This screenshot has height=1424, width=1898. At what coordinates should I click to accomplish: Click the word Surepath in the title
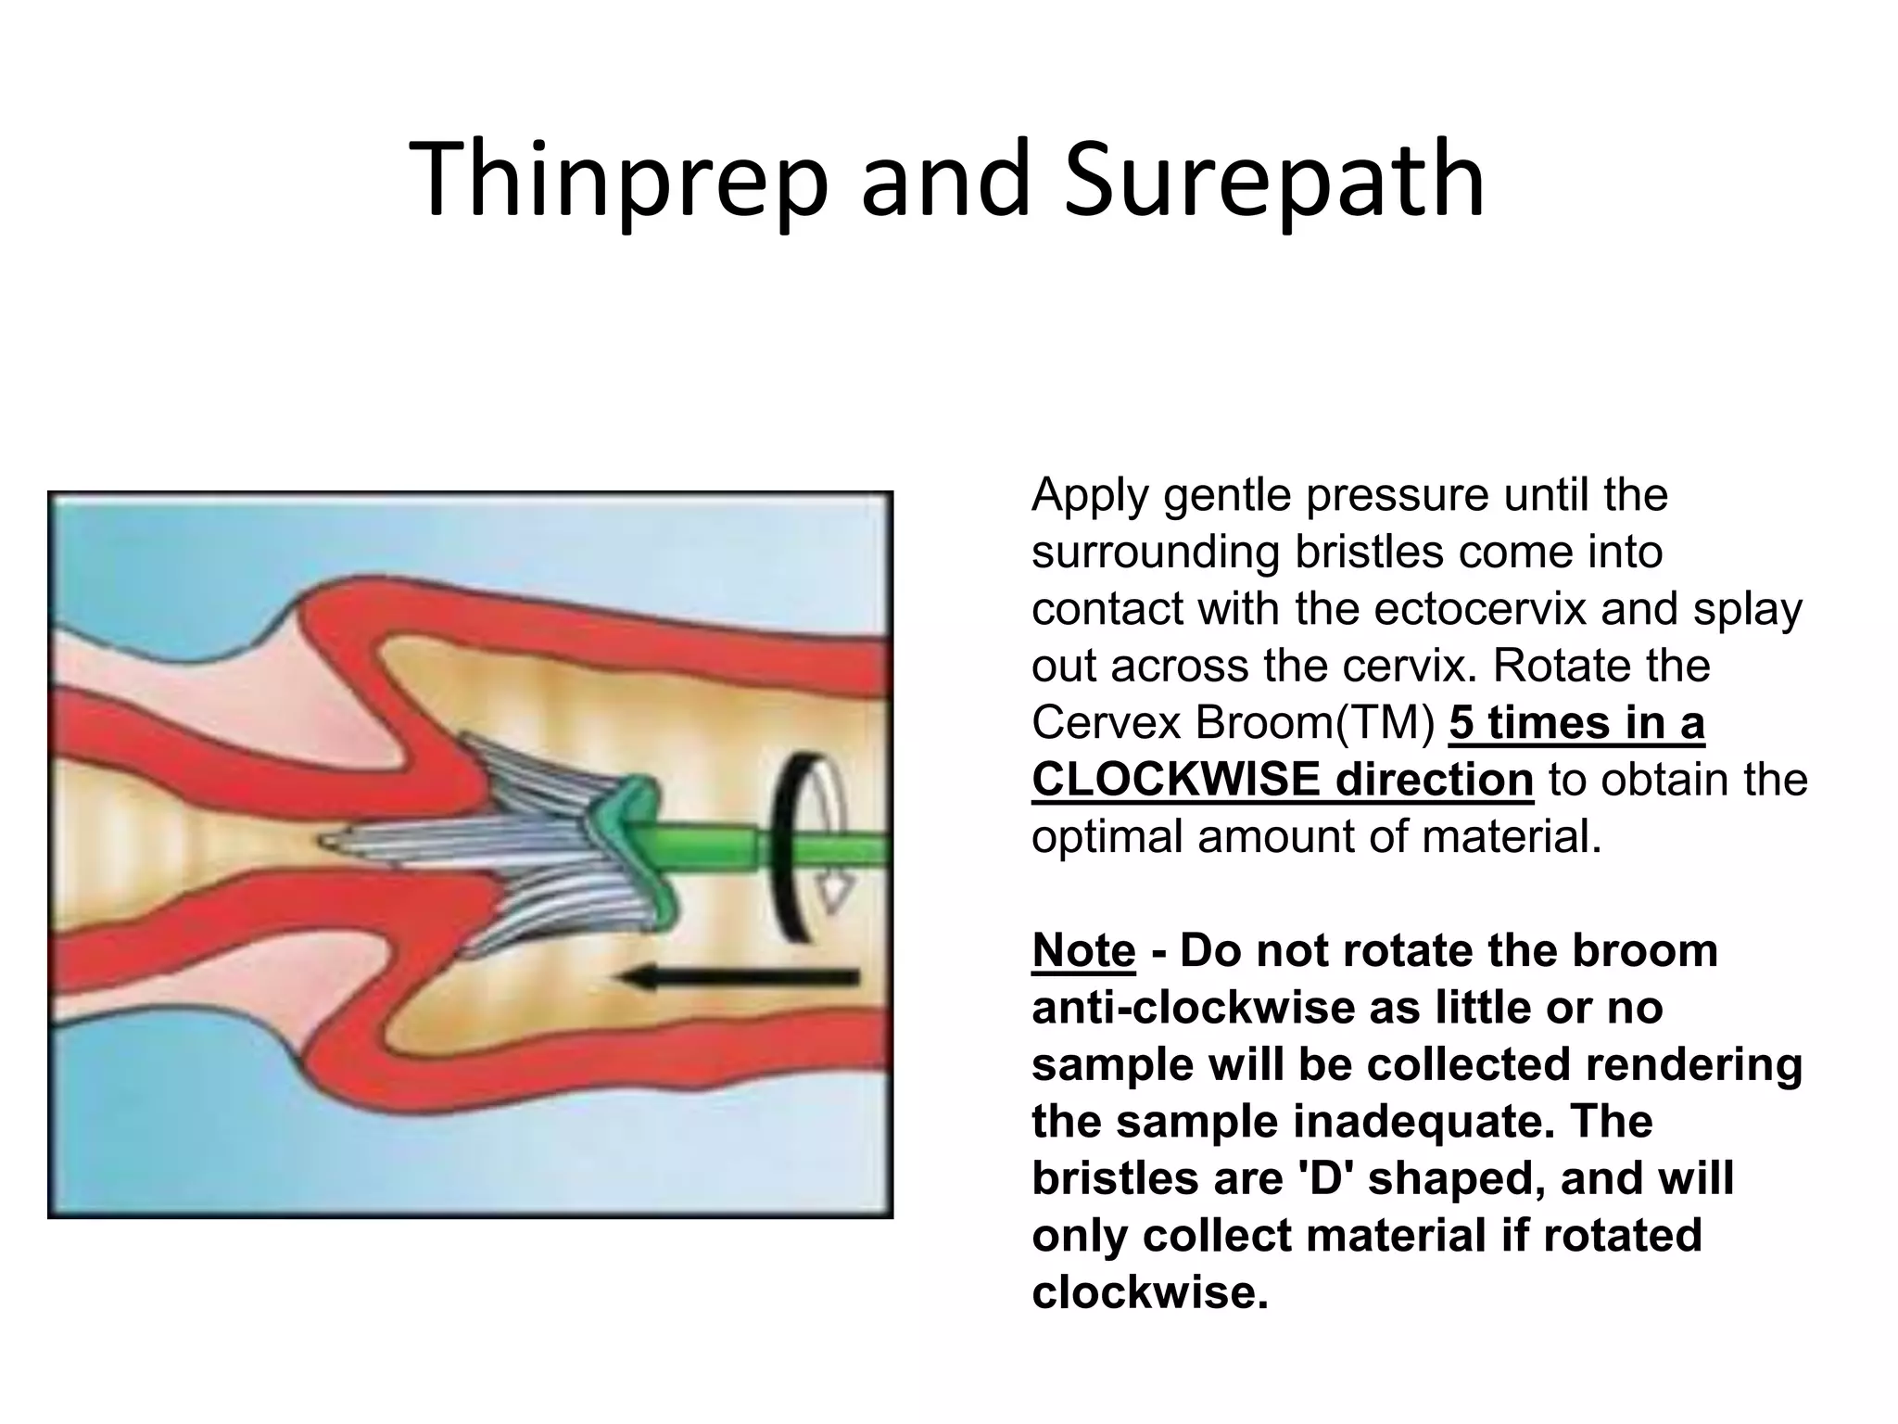[1274, 181]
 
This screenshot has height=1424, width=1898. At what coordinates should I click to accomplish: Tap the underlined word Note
[1082, 950]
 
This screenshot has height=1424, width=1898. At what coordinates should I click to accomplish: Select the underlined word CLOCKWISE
[1169, 779]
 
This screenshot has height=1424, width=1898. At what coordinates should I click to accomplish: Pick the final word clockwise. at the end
[1149, 1292]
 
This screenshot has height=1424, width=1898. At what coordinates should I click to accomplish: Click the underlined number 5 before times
[1461, 722]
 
